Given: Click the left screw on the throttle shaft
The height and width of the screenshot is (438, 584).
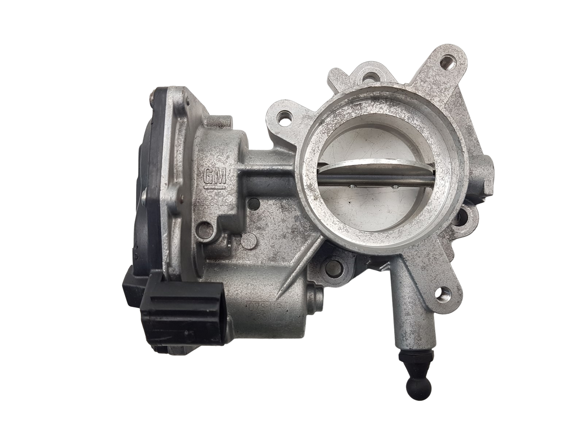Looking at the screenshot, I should coord(351,187).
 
